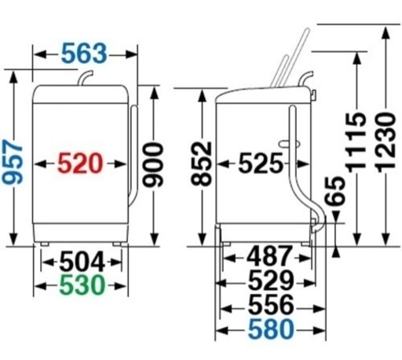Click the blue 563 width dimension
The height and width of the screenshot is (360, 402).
pos(84,53)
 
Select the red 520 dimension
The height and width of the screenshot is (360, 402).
pos(80,163)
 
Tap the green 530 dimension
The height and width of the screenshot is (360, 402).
pos(82,285)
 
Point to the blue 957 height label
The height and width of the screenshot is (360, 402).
pos(13,162)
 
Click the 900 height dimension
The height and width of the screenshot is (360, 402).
pos(154,165)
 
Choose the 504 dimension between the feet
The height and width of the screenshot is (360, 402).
pos(82,262)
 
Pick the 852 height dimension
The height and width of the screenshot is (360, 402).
pos(201,163)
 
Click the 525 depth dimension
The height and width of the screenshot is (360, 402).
pos(261,163)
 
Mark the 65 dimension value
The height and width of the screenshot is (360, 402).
pos(334,191)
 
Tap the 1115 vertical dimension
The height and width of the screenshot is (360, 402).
pos(356,142)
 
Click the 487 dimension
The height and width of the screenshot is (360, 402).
pos(269,255)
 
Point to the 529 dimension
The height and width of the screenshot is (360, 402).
pos(271,280)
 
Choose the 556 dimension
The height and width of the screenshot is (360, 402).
pos(271,304)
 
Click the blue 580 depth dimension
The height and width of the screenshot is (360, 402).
pos(271,329)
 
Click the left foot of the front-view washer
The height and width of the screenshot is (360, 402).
pos(44,244)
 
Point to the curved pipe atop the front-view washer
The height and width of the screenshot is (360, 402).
pos(86,78)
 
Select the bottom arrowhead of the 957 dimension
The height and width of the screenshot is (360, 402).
pos(13,239)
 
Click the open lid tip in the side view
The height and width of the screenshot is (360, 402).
pos(307,30)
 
